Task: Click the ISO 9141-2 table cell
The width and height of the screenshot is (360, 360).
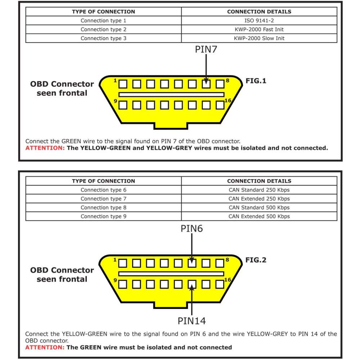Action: (259, 21)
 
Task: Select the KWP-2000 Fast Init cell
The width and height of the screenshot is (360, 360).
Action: (259, 30)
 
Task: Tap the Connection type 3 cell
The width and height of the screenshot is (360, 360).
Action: (103, 38)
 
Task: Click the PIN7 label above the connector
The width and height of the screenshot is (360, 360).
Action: (206, 49)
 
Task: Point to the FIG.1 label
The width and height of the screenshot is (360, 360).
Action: (256, 81)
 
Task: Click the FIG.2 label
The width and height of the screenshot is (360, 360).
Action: (256, 260)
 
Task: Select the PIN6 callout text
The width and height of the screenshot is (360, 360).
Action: (192, 228)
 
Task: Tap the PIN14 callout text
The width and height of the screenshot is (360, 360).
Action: (192, 320)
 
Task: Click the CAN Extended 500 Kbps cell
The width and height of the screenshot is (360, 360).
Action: (259, 216)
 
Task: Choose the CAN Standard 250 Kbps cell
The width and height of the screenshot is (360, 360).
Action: (259, 190)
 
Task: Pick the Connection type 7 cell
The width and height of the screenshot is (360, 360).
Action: (103, 199)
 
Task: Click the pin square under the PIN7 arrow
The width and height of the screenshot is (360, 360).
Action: (206, 84)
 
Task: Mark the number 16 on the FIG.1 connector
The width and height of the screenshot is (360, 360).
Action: (228, 100)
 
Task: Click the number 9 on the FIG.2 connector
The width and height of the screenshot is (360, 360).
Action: (115, 280)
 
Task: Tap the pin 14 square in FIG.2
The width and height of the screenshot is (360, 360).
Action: (192, 284)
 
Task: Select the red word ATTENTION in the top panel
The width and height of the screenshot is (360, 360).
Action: (45, 148)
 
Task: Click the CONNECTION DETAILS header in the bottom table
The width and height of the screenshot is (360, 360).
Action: (259, 181)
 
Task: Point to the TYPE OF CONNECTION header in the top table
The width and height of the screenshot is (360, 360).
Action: (103, 12)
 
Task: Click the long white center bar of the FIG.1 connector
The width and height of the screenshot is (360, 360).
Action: (171, 95)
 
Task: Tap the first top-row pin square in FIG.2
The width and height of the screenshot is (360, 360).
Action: (123, 263)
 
